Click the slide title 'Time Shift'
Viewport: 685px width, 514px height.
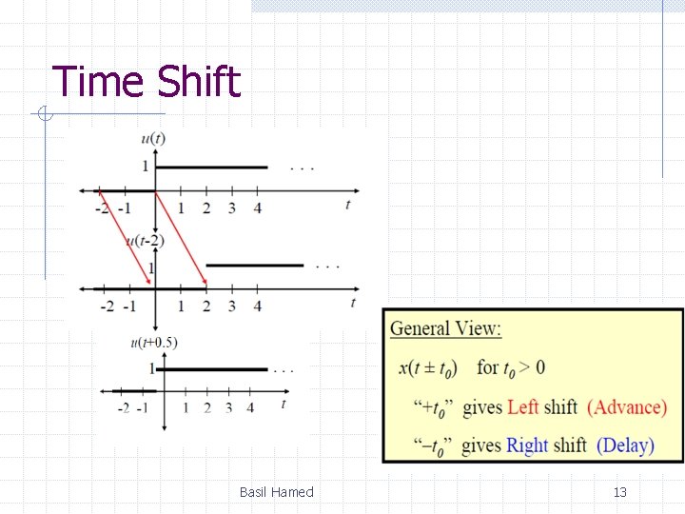[146, 82]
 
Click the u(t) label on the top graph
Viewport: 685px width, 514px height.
[153, 138]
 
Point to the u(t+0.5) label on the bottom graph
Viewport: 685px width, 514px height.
[153, 343]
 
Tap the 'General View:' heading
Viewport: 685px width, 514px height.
[445, 329]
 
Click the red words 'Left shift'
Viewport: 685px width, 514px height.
[542, 407]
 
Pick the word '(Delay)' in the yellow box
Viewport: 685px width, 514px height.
[625, 445]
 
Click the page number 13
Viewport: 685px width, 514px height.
[619, 492]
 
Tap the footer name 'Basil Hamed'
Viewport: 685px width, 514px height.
[276, 492]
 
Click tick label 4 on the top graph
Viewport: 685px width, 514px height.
[257, 208]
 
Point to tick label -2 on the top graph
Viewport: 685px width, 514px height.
[102, 208]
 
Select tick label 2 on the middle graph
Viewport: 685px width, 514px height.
[206, 306]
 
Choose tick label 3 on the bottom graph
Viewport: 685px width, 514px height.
[228, 407]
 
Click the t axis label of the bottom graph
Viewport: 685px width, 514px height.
[283, 404]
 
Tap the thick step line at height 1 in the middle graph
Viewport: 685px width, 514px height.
[254, 266]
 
